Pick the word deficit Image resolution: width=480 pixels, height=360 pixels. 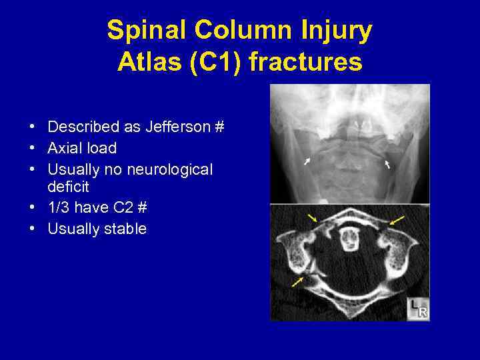[x=68, y=187]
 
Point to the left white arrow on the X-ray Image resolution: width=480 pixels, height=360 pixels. [x=307, y=161]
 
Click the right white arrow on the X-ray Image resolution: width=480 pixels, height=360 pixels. [x=387, y=163]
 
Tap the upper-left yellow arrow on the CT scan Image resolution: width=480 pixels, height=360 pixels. [x=312, y=218]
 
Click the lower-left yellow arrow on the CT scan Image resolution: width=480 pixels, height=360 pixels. [x=296, y=283]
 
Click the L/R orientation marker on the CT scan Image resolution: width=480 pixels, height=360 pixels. [x=418, y=309]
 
